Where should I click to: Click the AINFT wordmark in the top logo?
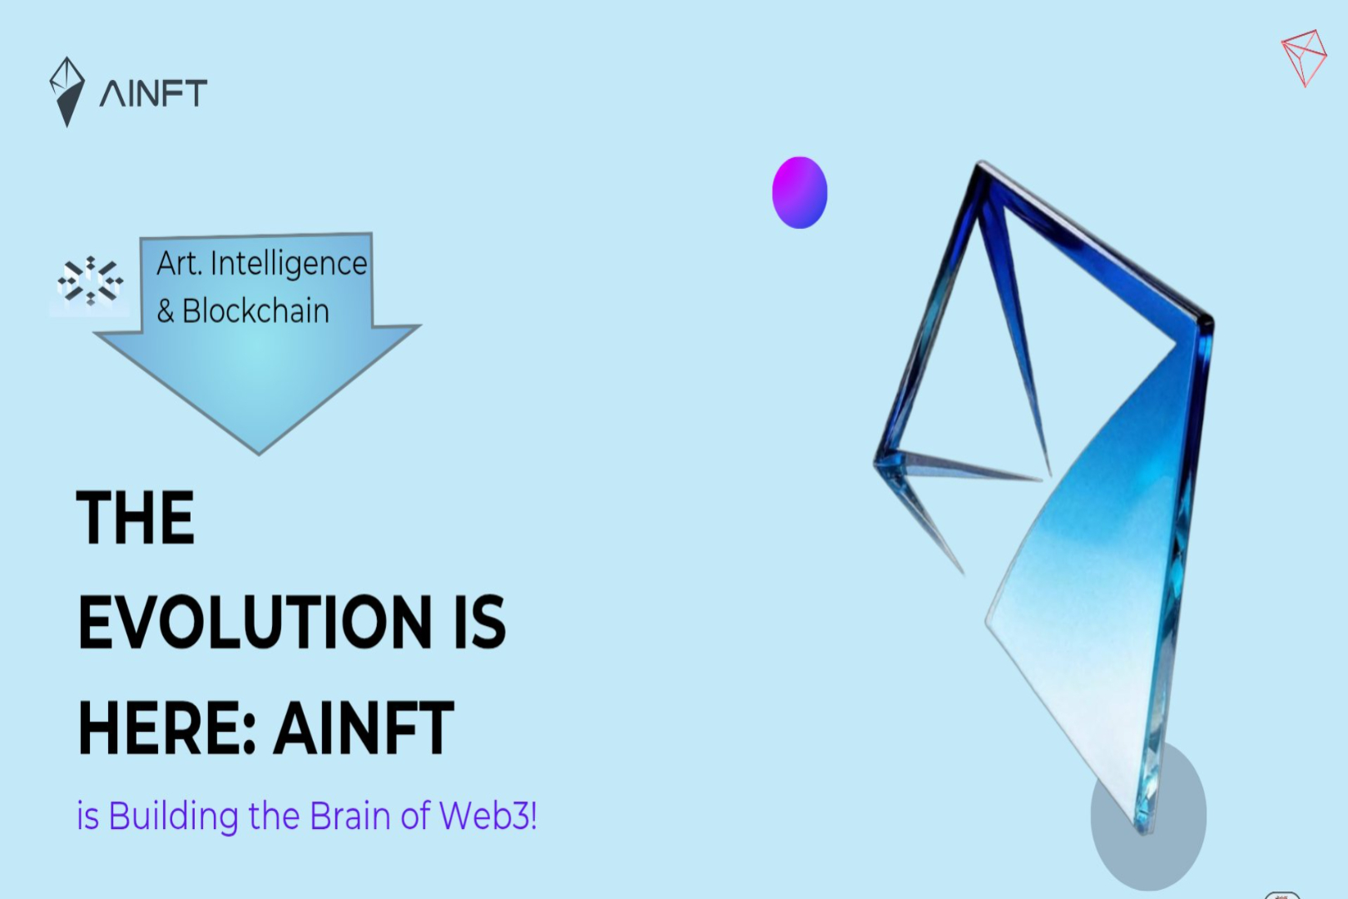click(153, 93)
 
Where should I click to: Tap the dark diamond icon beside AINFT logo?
click(67, 92)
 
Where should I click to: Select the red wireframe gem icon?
click(1305, 57)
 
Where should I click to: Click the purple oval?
click(800, 192)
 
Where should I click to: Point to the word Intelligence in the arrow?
click(289, 265)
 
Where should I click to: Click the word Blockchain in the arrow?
click(255, 311)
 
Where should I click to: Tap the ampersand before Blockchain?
click(166, 312)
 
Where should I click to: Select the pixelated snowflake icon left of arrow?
click(90, 281)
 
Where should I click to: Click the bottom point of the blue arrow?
click(260, 454)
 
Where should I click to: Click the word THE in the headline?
click(136, 517)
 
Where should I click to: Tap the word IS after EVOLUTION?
click(479, 622)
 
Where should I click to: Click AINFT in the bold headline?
click(364, 728)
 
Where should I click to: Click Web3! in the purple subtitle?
click(488, 817)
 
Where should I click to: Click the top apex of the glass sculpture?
click(981, 162)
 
